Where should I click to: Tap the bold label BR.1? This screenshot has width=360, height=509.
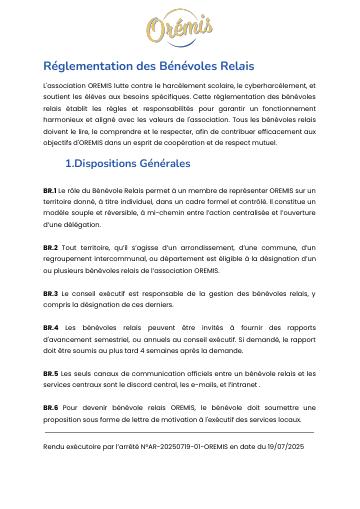pyautogui.click(x=50, y=190)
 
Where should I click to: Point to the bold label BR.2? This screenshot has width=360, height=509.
pyautogui.click(x=50, y=246)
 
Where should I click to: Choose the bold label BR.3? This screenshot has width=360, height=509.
pyautogui.click(x=50, y=293)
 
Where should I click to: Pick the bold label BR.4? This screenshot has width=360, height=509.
pyautogui.click(x=50, y=328)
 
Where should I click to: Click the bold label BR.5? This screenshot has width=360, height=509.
pyautogui.click(x=50, y=373)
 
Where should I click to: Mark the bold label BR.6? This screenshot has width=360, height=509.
pyautogui.click(x=50, y=408)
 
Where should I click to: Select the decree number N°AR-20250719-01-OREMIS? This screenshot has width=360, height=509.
pyautogui.click(x=165, y=443)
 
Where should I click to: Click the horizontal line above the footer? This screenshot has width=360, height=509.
pyautogui.click(x=179, y=432)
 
